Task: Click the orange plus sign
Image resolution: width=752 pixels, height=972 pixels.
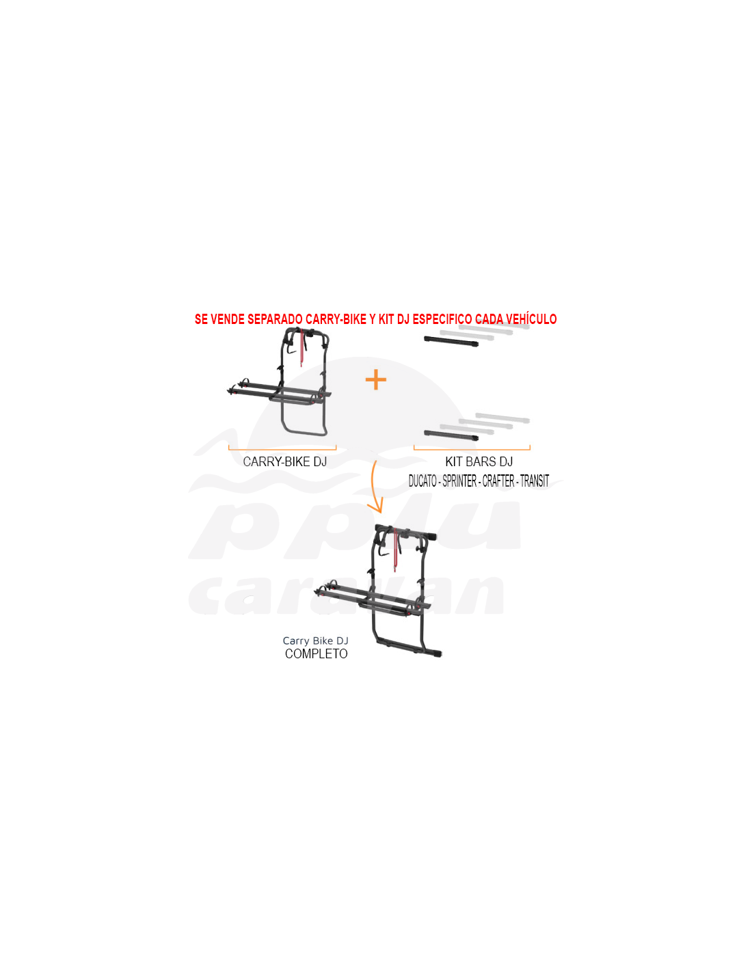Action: (375, 380)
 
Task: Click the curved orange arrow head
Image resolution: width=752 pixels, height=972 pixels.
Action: (376, 507)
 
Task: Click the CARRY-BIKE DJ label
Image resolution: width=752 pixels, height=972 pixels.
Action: (285, 461)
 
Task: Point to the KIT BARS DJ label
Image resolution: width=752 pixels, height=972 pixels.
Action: (479, 461)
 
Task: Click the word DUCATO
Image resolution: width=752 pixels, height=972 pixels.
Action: (422, 481)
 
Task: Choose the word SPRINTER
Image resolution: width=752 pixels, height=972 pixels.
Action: (459, 481)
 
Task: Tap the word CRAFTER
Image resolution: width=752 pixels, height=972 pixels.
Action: (498, 481)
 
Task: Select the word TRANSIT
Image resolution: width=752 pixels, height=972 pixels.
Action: (534, 481)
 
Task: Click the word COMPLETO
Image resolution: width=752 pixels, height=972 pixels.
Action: (317, 654)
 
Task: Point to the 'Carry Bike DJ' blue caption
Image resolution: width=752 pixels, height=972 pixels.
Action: (315, 641)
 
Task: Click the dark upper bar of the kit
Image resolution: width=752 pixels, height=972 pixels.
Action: (451, 342)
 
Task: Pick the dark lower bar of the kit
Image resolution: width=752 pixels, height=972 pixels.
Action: (451, 435)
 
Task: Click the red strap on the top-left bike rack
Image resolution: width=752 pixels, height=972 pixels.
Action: (301, 347)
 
